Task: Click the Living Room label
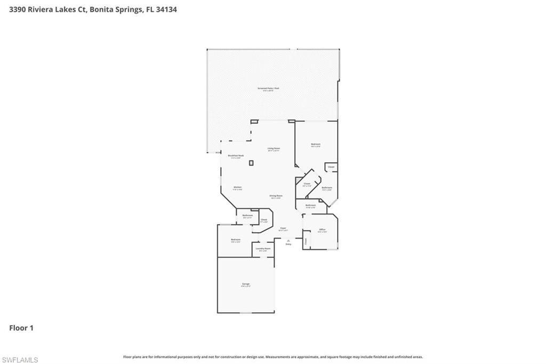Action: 274,148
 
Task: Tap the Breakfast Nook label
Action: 236,155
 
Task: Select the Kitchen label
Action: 238,187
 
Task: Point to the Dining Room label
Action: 276,196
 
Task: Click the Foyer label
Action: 283,228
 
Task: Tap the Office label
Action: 322,230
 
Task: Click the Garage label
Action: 246,284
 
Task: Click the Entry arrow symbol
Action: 288,240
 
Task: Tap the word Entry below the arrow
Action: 288,244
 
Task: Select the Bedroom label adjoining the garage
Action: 236,240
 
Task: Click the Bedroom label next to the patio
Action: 316,145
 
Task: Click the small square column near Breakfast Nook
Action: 251,163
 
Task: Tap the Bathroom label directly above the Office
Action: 311,205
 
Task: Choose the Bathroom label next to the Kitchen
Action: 247,216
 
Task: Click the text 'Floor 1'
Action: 21,328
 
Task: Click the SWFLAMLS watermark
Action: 20,360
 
